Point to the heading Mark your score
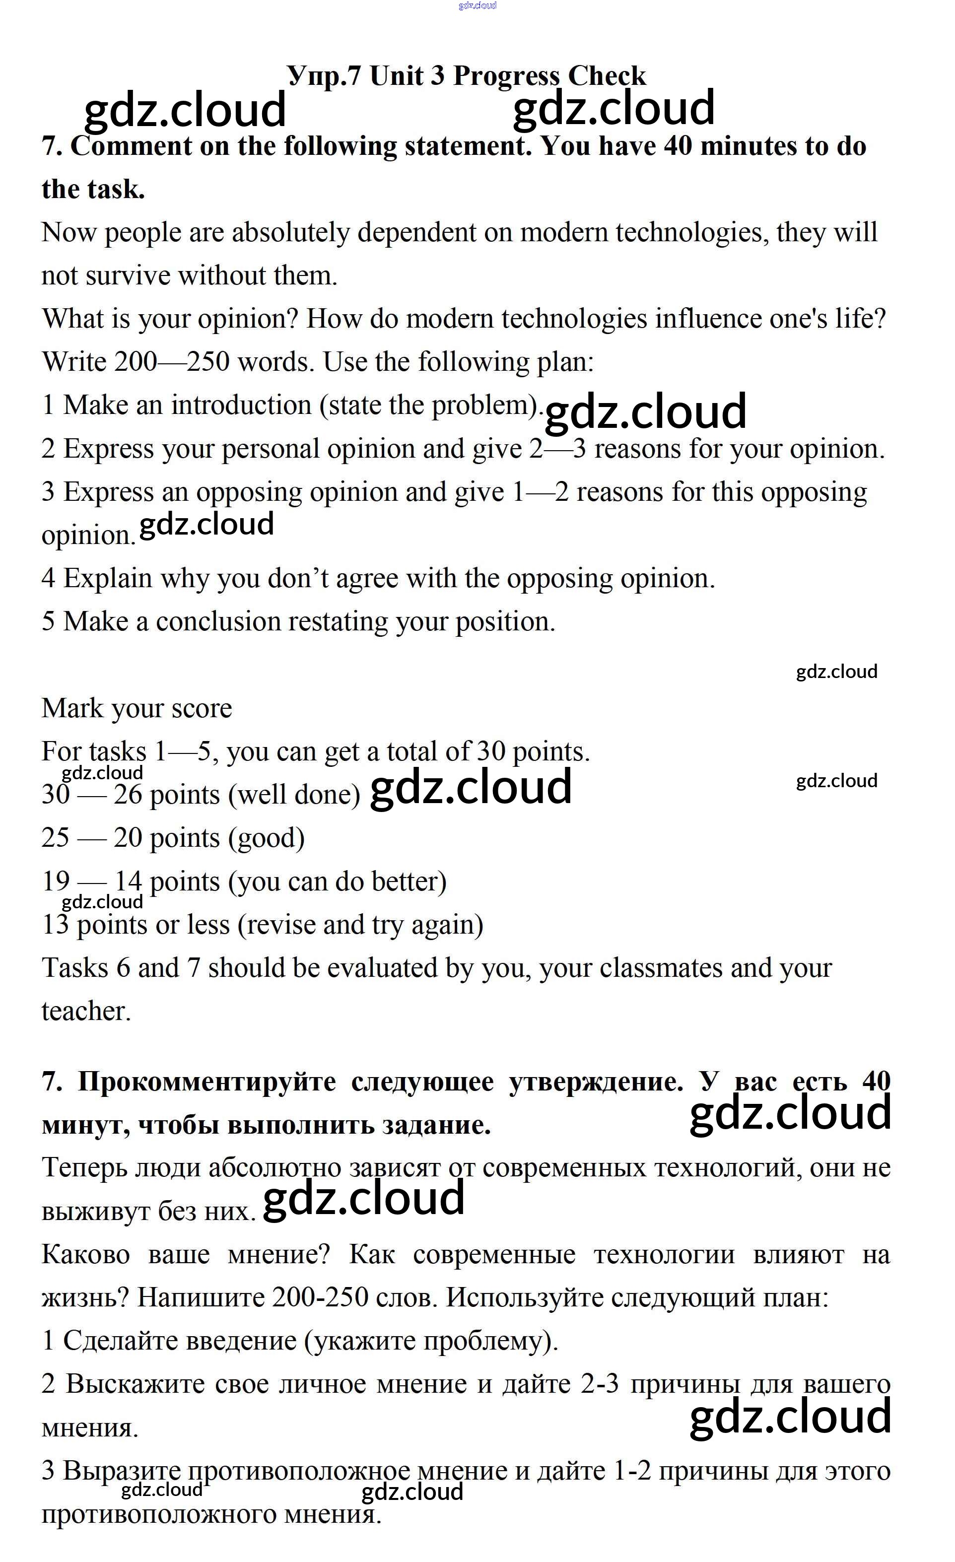[137, 708]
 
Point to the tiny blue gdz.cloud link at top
[477, 5]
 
